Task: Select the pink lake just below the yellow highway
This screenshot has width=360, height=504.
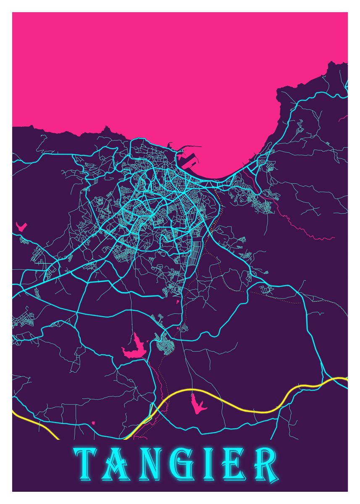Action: [x=197, y=403]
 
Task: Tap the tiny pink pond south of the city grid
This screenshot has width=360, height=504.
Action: [x=177, y=301]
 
